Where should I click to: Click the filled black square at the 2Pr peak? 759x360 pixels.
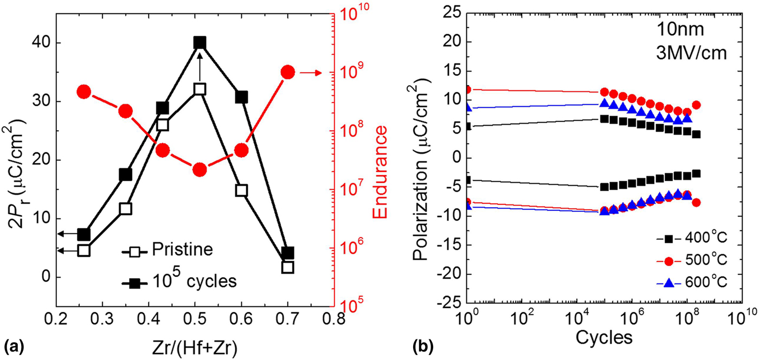(x=200, y=43)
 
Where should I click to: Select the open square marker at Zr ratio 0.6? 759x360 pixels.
(x=241, y=190)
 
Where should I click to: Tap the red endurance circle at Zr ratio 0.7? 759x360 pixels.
(x=287, y=72)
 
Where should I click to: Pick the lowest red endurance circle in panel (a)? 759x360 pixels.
(x=200, y=170)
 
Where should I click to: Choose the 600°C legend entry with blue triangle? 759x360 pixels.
(x=699, y=282)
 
